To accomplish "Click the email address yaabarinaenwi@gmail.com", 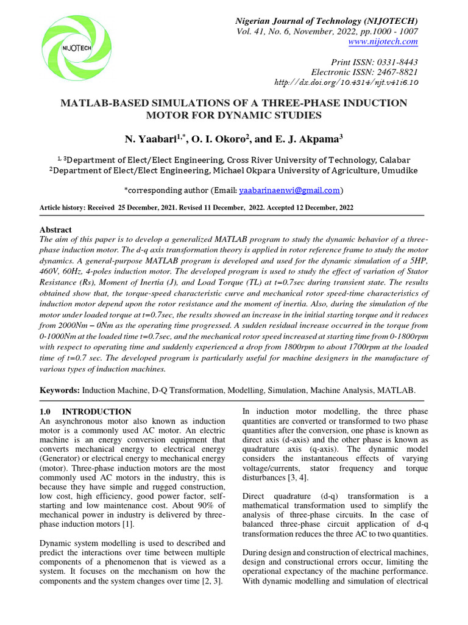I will pyautogui.click(x=289, y=190).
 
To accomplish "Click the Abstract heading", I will pyautogui.click(x=55, y=230).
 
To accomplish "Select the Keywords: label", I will pyautogui.click(x=60, y=389).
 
